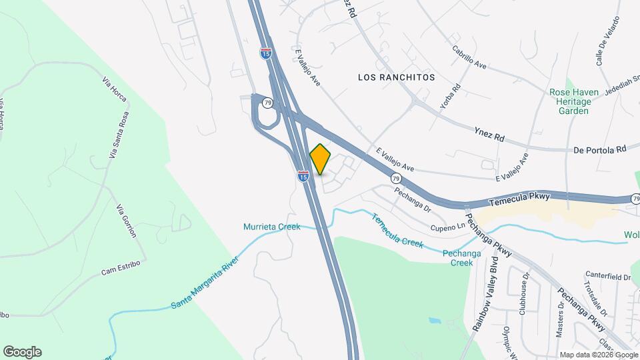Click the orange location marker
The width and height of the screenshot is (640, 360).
[x=321, y=159]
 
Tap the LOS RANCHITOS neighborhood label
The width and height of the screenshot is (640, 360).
[x=396, y=77]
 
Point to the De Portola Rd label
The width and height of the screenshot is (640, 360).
[x=600, y=149]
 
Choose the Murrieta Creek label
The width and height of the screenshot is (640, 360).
[x=271, y=227]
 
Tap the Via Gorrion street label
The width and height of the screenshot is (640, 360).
[x=127, y=221]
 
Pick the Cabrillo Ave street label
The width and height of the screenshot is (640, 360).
[x=469, y=57]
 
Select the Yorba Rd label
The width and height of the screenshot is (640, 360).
[x=451, y=97]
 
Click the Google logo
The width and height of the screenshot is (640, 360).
[x=22, y=352]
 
